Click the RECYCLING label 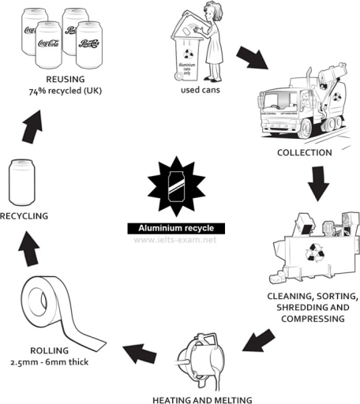24,215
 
